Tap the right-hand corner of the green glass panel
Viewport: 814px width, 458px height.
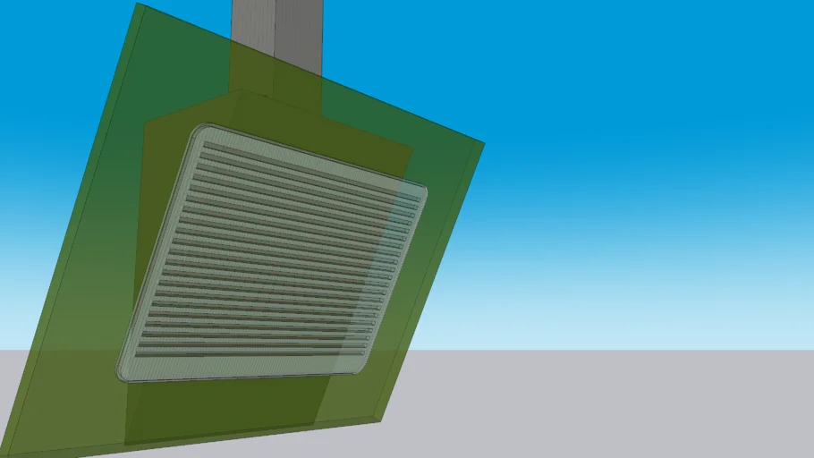[x=483, y=143]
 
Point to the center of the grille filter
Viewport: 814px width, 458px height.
[x=273, y=255]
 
